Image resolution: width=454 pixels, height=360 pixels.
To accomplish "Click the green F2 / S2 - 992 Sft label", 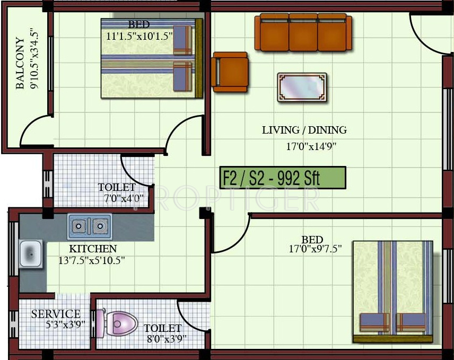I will [283, 178].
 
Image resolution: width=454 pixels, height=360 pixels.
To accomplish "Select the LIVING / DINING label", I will [304, 130].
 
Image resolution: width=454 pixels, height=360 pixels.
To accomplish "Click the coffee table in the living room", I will [302, 86].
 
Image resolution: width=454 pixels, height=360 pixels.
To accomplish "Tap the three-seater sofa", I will [303, 32].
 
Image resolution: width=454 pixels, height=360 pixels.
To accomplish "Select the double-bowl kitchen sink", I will [89, 226].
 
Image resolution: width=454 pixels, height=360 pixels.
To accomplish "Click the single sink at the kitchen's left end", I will [31, 254].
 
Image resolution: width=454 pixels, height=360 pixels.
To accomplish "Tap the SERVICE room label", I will [56, 314].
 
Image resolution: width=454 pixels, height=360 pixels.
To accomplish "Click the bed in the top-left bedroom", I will [152, 59].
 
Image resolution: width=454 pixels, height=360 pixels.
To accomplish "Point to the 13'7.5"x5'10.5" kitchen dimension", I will [92, 260].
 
